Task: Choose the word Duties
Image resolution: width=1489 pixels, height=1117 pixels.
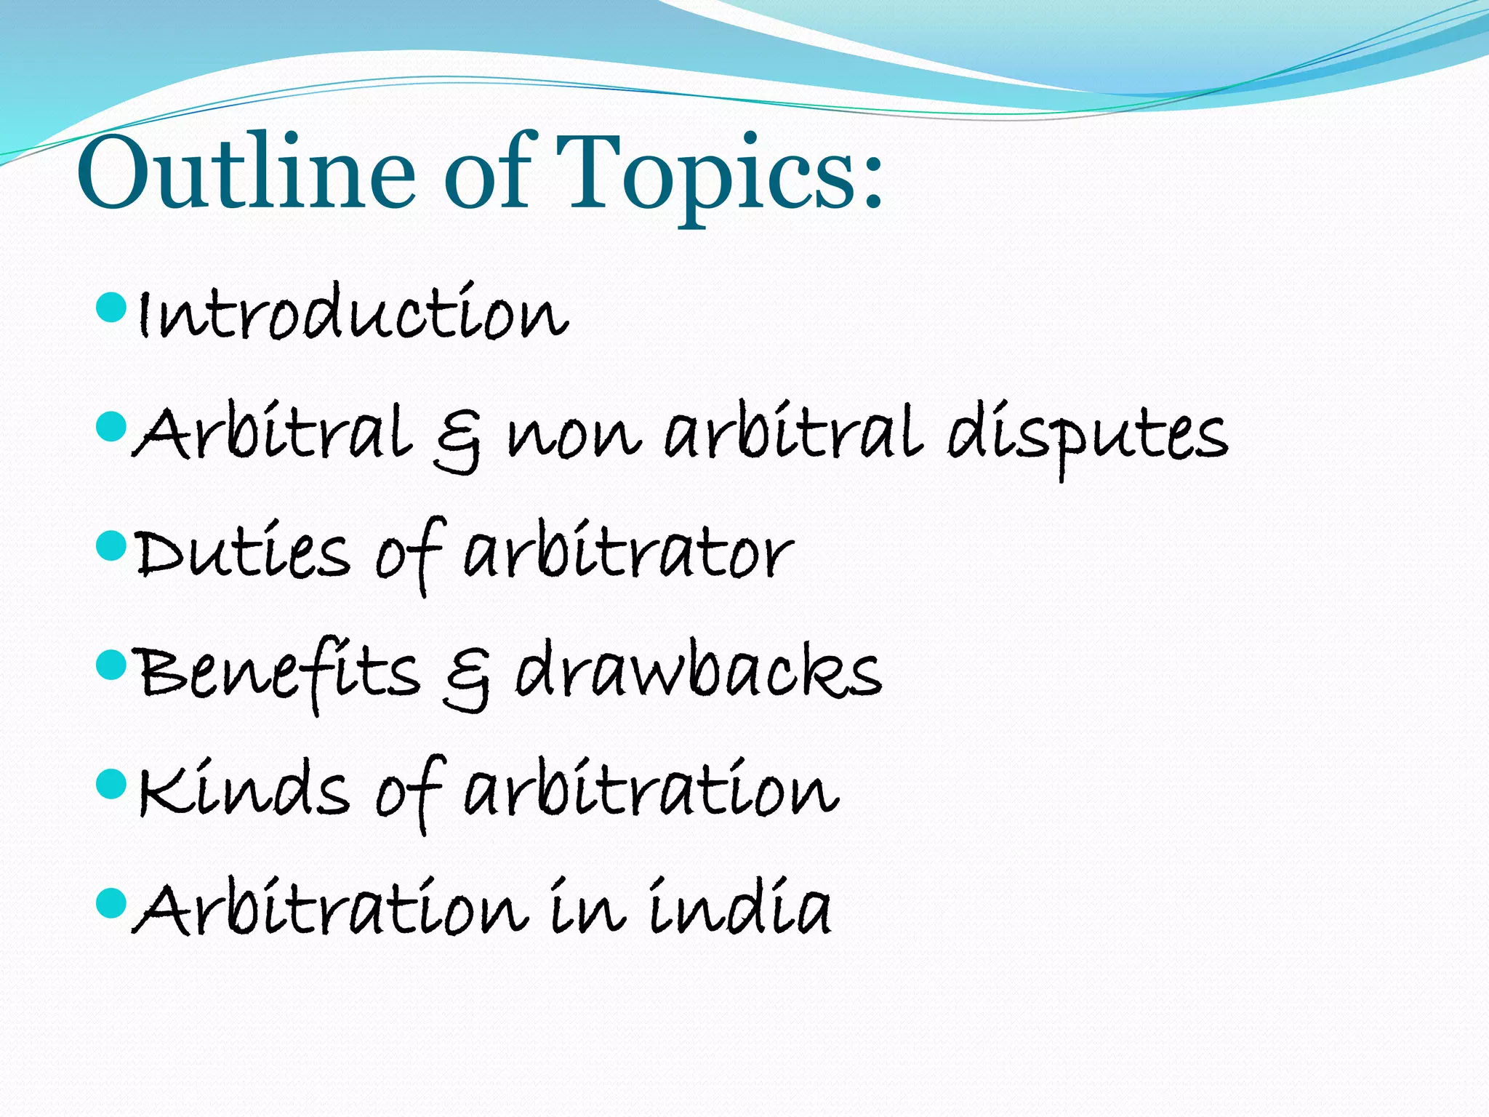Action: coord(243,554)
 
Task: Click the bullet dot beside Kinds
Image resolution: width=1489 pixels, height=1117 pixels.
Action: coord(111,784)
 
